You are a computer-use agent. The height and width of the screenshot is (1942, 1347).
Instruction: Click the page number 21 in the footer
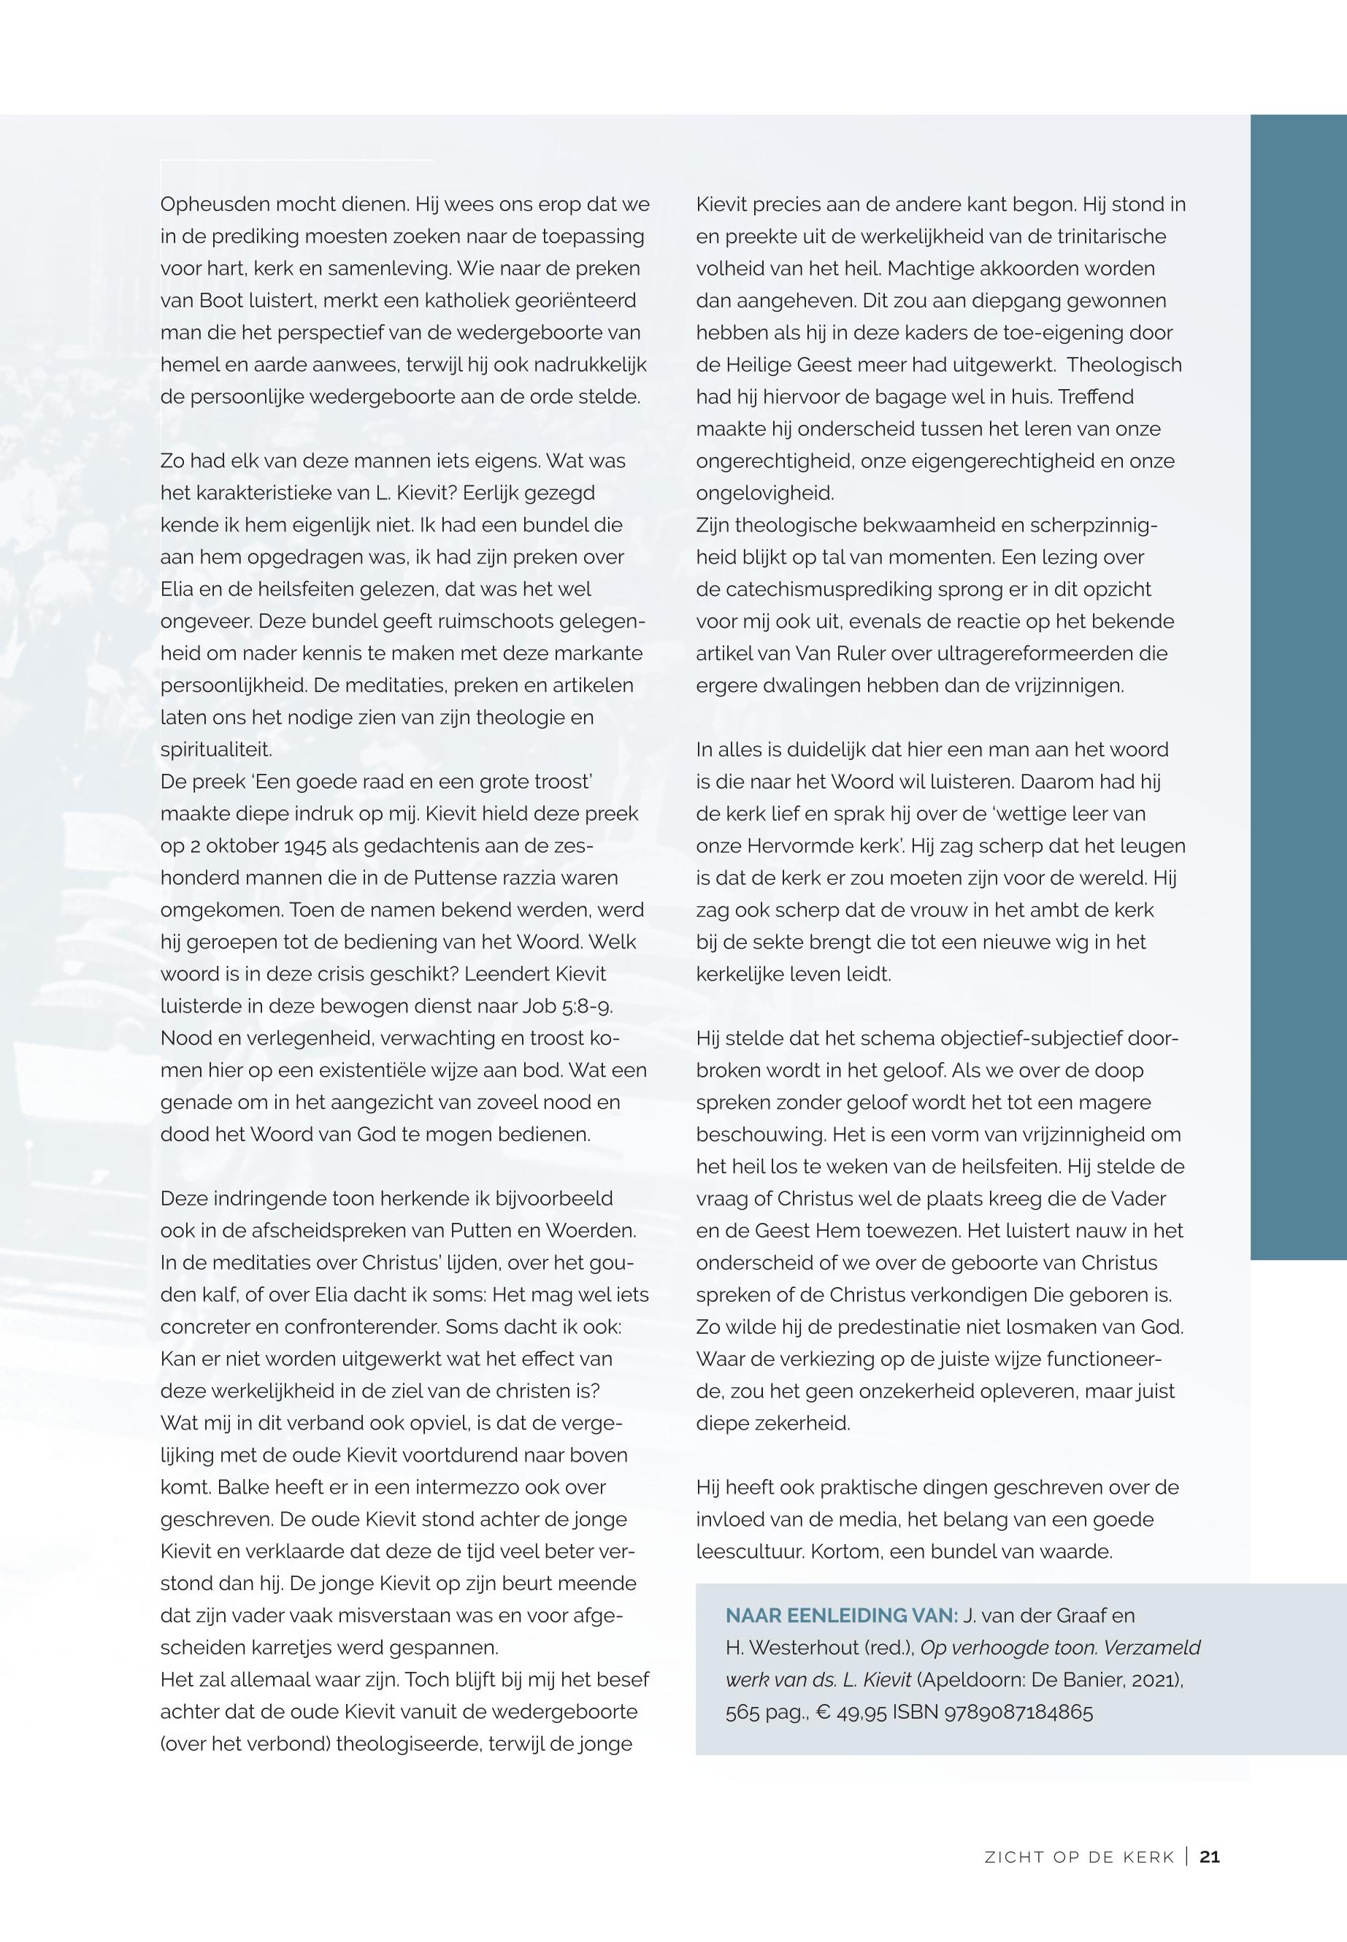(1210, 1857)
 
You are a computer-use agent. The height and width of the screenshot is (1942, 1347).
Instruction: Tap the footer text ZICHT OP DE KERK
(1080, 1857)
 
